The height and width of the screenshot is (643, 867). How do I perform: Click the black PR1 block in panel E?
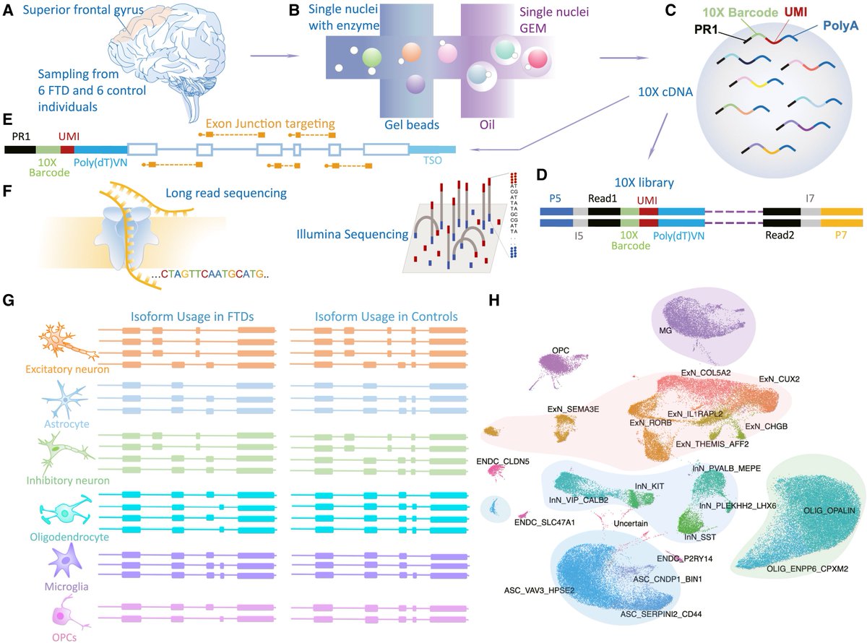click(x=20, y=149)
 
